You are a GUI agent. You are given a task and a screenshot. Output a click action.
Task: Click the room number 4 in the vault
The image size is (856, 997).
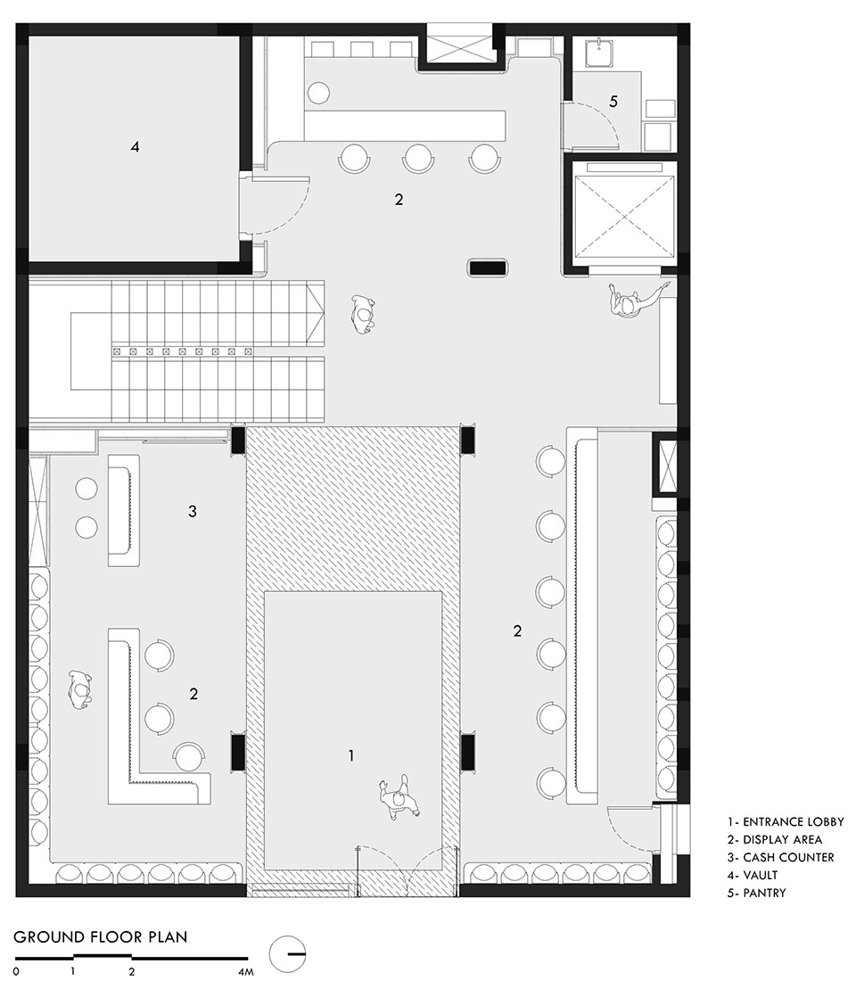135,147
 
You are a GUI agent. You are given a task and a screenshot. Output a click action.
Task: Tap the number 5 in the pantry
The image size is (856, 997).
613,101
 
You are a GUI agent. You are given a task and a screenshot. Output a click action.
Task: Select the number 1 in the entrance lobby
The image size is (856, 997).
351,755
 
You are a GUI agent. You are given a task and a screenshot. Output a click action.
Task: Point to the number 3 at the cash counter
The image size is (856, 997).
193,511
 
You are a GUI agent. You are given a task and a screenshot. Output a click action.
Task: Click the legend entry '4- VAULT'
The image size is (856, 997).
753,875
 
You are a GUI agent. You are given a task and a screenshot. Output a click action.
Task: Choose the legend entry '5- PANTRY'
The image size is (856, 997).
757,893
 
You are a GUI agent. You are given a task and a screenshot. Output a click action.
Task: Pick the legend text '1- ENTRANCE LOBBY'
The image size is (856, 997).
786,821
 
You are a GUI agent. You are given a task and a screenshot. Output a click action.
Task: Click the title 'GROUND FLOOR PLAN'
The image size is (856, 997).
101,936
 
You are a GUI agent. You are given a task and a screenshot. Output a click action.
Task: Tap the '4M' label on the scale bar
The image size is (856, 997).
245,971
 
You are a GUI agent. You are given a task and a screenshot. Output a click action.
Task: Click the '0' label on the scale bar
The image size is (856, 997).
16,971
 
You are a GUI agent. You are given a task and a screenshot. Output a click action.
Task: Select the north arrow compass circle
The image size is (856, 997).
287,954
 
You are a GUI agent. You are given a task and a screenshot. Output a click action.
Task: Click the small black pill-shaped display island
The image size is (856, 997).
488,268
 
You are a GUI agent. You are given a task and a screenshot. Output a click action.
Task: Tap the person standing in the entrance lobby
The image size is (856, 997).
399,798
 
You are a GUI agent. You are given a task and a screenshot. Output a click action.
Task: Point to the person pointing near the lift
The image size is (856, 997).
633,301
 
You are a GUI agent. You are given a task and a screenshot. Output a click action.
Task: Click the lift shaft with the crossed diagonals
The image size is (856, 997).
624,216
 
